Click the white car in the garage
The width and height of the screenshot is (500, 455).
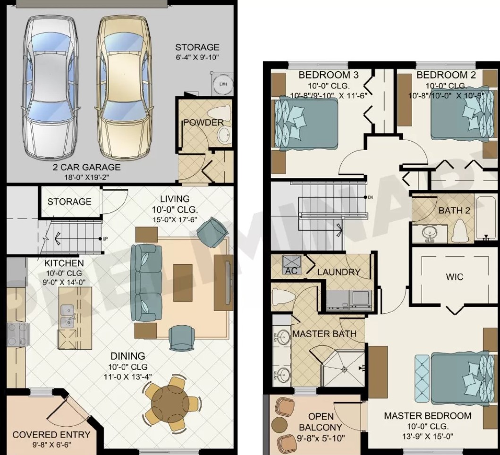(x=50, y=88)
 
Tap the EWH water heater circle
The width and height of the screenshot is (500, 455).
(x=223, y=84)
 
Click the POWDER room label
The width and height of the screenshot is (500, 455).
(x=203, y=122)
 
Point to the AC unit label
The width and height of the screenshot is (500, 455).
(x=291, y=271)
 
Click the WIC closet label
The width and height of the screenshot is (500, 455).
(x=454, y=277)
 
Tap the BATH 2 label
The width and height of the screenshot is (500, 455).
(x=454, y=211)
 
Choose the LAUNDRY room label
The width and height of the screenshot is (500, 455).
(x=339, y=272)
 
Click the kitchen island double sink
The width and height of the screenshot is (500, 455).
(x=68, y=316)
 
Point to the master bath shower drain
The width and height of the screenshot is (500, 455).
(x=344, y=369)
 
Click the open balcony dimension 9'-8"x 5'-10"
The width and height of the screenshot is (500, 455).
(x=321, y=438)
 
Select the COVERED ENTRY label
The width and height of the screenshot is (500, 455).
(x=51, y=435)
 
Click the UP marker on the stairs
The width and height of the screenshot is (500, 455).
(x=105, y=238)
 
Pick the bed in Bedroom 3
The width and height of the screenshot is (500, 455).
(x=306, y=123)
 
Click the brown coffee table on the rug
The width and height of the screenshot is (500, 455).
(x=183, y=283)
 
